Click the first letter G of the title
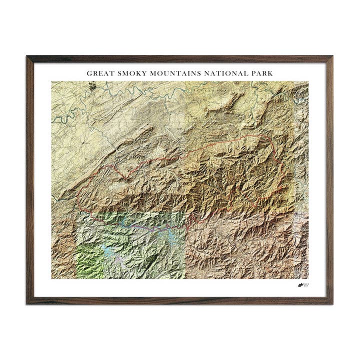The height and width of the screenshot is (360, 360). click(x=89, y=73)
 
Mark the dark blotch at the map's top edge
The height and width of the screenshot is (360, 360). click(x=92, y=86)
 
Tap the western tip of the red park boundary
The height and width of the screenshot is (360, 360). click(x=76, y=206)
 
